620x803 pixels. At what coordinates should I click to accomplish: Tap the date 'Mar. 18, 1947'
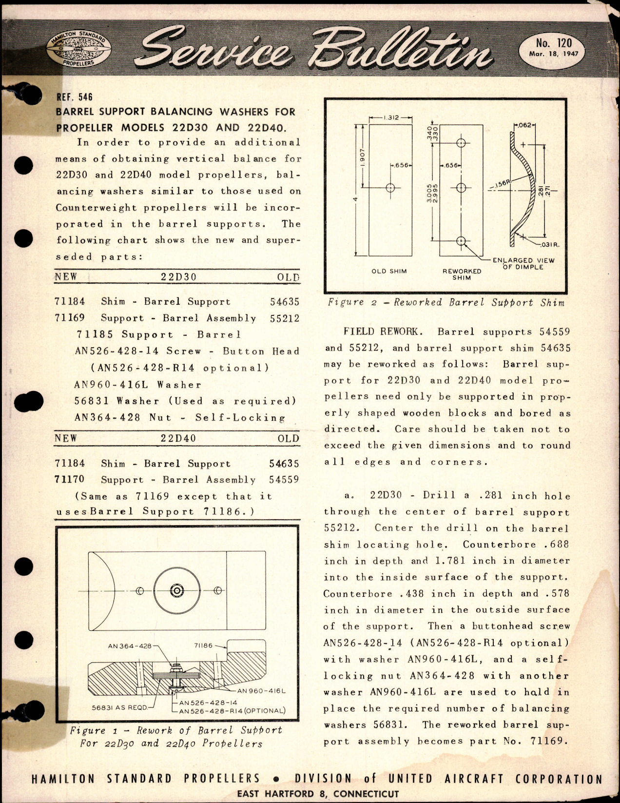tap(553, 54)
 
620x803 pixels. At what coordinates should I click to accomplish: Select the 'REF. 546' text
tap(74, 97)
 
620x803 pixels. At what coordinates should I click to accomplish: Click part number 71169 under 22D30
tap(70, 318)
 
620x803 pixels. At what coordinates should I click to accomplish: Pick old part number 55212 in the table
tap(284, 318)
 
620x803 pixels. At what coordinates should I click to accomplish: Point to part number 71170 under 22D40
tap(70, 479)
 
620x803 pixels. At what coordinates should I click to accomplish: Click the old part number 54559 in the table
tap(284, 480)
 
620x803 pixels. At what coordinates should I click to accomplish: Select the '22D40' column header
tap(178, 438)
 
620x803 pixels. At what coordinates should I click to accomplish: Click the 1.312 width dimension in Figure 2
tap(390, 118)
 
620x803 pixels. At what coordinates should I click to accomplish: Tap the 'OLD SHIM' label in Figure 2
tap(389, 271)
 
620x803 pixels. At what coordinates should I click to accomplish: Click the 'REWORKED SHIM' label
tap(462, 274)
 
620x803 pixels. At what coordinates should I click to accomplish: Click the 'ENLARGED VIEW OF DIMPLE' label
tap(523, 264)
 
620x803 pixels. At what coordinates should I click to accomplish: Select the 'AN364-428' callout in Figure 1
tap(130, 646)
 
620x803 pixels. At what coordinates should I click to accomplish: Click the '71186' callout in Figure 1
tap(203, 645)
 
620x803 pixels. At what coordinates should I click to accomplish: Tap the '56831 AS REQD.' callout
tap(120, 706)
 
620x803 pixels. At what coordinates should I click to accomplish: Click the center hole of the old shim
tap(390, 188)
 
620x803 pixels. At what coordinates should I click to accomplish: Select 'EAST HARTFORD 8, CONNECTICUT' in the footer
tap(317, 794)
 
